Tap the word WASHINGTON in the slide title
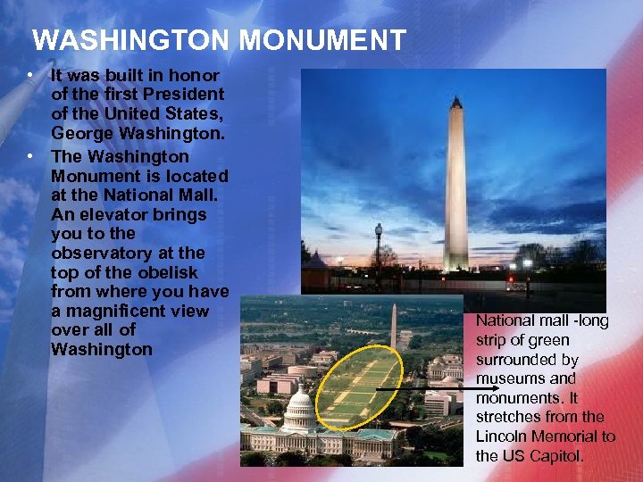click(x=131, y=40)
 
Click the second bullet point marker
click(x=30, y=156)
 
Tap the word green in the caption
click(x=547, y=340)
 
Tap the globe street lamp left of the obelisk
click(x=379, y=230)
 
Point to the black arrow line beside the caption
click(x=420, y=389)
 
